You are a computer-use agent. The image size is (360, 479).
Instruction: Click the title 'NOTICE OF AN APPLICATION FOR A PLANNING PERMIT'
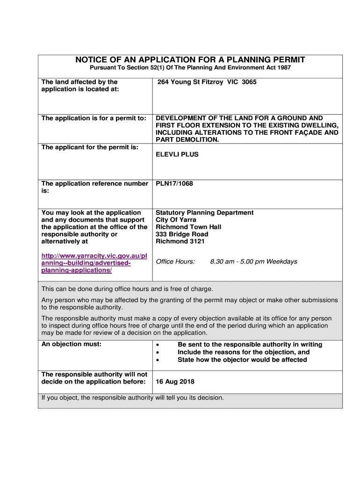pyautogui.click(x=190, y=59)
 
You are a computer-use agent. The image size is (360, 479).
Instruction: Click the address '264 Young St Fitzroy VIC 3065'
pyautogui.click(x=207, y=82)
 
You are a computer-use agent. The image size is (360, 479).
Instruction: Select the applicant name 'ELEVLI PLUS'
pyautogui.click(x=177, y=154)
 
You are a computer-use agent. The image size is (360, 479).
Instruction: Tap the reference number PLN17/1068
pyautogui.click(x=174, y=183)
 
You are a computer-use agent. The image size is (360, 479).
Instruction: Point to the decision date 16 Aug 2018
pyautogui.click(x=175, y=382)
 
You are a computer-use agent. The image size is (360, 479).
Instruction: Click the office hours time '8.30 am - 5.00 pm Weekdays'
pyautogui.click(x=253, y=261)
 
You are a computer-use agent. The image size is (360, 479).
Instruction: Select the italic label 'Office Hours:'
pyautogui.click(x=175, y=261)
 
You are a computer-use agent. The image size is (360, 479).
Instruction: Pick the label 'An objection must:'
pyautogui.click(x=72, y=344)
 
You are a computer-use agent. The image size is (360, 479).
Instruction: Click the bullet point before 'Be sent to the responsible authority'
pyautogui.click(x=158, y=345)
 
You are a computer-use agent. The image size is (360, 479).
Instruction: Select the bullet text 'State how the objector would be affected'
pyautogui.click(x=242, y=360)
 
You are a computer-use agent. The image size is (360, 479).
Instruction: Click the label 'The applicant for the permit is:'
pyautogui.click(x=90, y=147)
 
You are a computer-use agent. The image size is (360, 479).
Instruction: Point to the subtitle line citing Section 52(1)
pyautogui.click(x=190, y=68)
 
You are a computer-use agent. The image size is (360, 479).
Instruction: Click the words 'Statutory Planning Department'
pyautogui.click(x=205, y=212)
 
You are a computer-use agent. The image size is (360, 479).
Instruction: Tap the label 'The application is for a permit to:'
pyautogui.click(x=94, y=118)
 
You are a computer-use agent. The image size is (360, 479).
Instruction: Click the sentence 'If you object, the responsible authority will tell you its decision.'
pyautogui.click(x=133, y=398)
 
